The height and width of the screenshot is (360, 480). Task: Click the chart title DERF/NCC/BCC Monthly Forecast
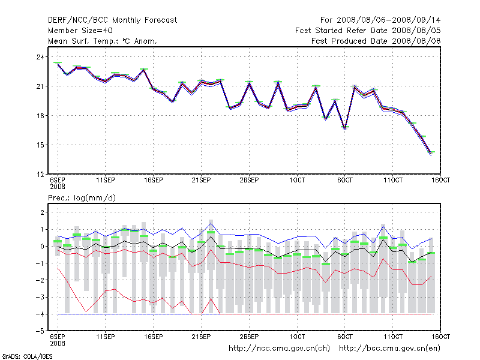pyautogui.click(x=112, y=20)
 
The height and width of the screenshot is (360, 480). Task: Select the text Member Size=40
pyautogui.click(x=80, y=31)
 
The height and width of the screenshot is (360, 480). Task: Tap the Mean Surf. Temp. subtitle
pyautogui.click(x=102, y=41)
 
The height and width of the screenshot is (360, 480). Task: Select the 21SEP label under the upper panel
pyautogui.click(x=201, y=180)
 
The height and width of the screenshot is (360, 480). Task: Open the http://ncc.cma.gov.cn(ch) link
pyautogui.click(x=280, y=348)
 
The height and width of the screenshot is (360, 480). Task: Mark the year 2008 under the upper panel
pyautogui.click(x=58, y=187)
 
